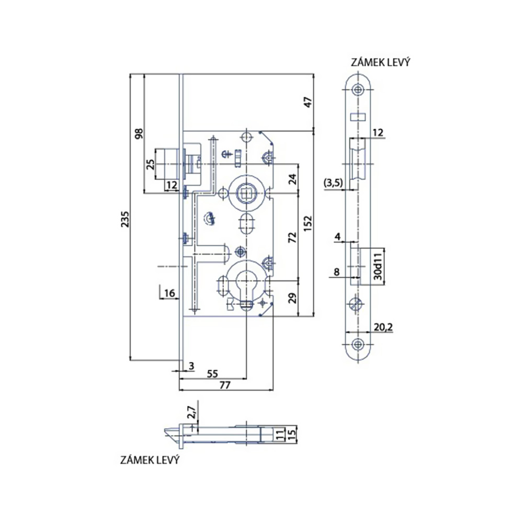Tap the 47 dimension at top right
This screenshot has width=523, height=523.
point(308,102)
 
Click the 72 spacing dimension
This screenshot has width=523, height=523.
point(292,237)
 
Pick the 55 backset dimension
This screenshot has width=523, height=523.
point(212,374)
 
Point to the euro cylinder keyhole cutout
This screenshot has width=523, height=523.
point(244,285)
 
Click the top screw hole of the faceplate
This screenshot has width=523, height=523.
point(358,89)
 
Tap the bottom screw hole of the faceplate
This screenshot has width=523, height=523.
point(358,344)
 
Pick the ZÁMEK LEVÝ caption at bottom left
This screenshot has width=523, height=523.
point(150,461)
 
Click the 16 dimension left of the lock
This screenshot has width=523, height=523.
point(169,293)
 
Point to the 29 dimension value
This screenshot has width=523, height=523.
point(292,299)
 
